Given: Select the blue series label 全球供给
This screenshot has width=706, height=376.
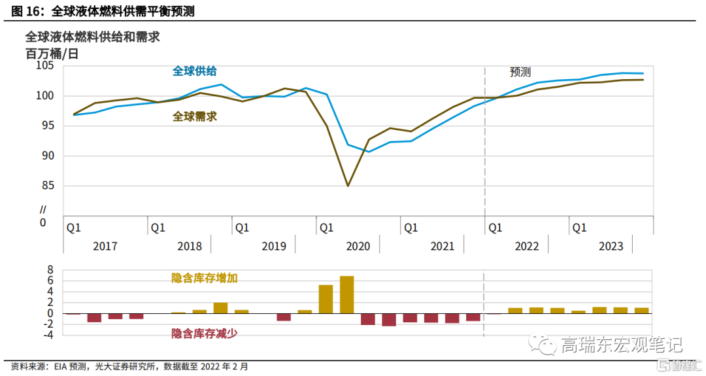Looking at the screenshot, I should point(195,71).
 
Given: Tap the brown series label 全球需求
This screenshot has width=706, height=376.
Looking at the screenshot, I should point(195,117).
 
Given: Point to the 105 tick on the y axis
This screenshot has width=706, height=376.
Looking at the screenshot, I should point(45,65).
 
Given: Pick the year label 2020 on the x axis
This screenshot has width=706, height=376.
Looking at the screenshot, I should point(358,246).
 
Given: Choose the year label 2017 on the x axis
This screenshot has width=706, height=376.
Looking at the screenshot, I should point(105,246).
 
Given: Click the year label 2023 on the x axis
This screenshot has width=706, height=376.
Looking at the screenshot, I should point(611,246).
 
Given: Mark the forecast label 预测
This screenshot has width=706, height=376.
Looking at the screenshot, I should point(520,73).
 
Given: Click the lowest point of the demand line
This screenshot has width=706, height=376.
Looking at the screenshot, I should point(347,186).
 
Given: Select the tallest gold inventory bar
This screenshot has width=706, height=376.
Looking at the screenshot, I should point(347,294).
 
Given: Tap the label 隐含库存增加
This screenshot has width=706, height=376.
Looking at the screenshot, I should point(204,278).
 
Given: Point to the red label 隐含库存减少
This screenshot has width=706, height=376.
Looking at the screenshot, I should point(204,333).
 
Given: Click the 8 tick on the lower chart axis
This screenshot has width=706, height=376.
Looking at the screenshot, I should point(50,269).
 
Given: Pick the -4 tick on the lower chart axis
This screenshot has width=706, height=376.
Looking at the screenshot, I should point(47,335).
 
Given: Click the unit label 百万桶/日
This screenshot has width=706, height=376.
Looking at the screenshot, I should point(52,54).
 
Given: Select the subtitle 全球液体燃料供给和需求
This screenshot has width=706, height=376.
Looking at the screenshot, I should point(92,37).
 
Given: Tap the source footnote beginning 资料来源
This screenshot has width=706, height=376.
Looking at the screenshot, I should point(130,367).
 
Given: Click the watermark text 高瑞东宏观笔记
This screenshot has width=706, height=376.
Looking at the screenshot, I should point(621,345).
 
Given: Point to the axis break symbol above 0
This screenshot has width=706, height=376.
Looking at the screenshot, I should point(43,210).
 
